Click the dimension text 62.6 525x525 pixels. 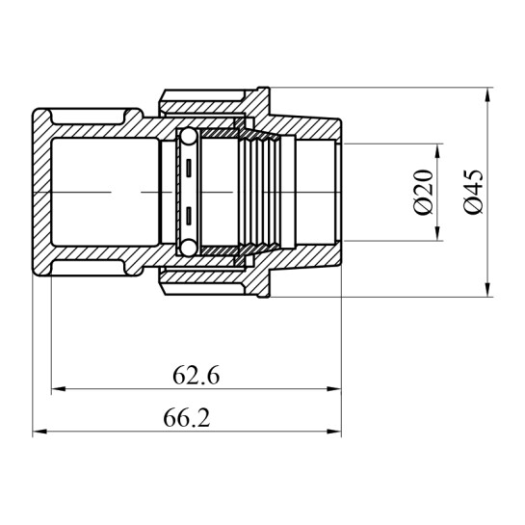(x=197, y=376)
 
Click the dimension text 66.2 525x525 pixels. (x=187, y=418)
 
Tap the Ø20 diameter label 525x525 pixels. (x=423, y=193)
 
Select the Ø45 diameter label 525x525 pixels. (x=474, y=193)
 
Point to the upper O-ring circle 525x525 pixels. (x=189, y=137)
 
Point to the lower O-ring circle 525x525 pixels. (x=189, y=248)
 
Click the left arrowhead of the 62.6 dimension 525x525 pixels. (x=58, y=389)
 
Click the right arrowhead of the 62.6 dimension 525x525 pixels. (x=334, y=389)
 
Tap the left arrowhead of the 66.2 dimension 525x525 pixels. (x=39, y=432)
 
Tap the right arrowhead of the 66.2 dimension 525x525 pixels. (x=334, y=432)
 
